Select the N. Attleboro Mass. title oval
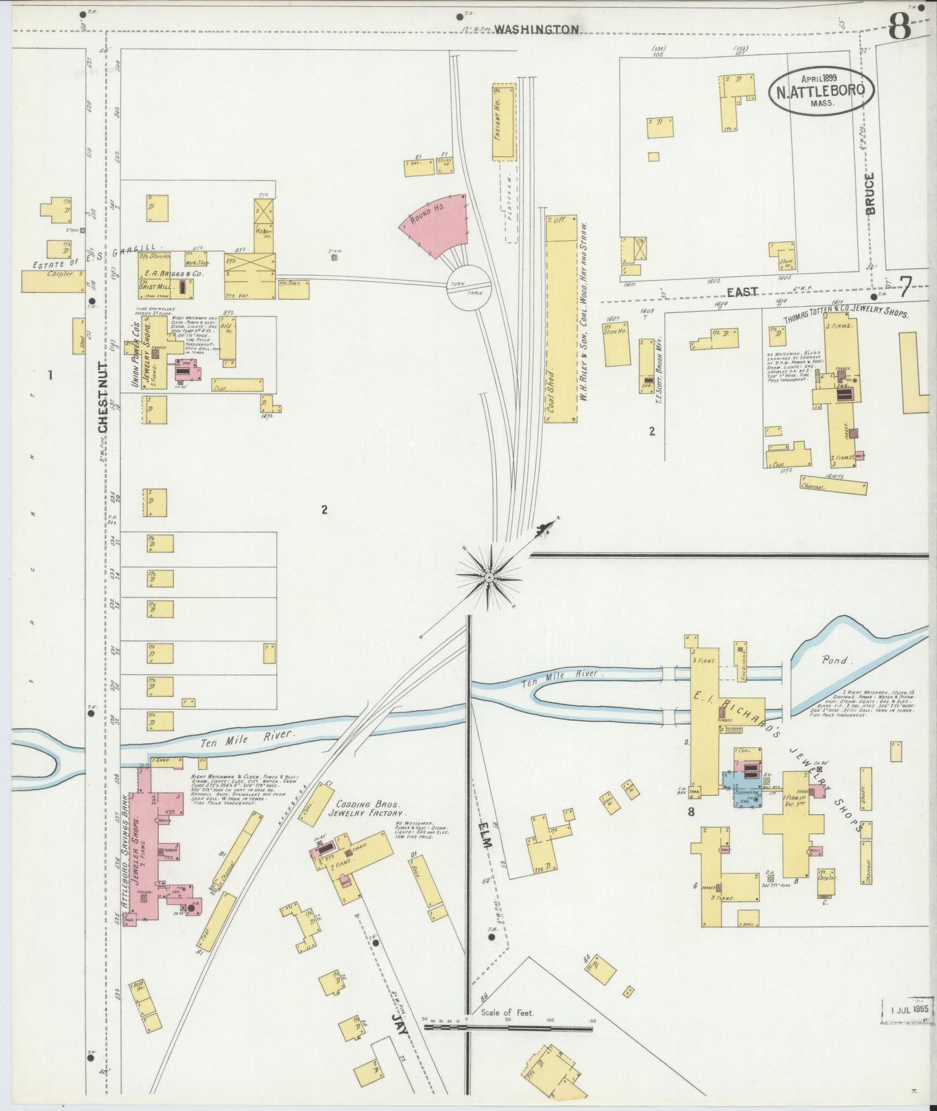point(822,91)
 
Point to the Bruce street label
point(870,193)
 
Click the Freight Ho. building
point(504,121)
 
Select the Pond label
point(835,661)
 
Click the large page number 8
point(901,27)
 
